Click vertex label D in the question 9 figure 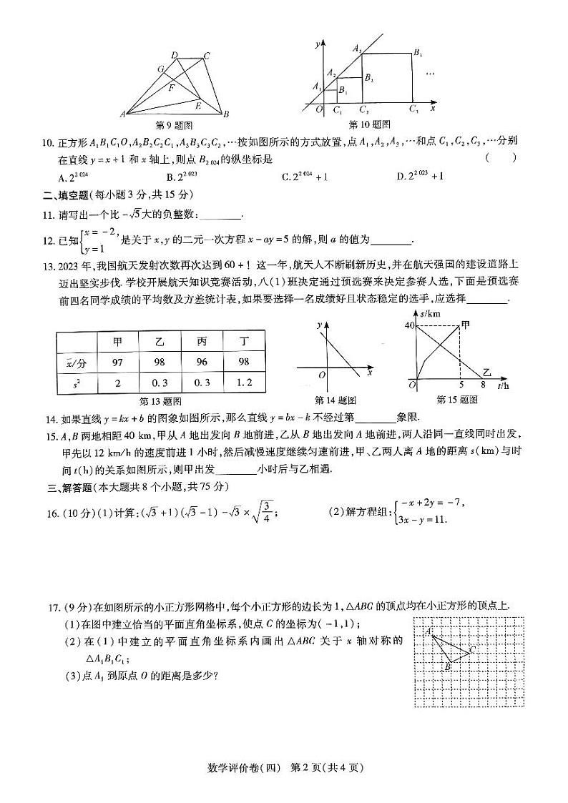tap(175, 54)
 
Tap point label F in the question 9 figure tap(172, 88)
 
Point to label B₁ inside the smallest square tap(343, 91)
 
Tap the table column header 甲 tap(118, 342)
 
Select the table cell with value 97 tap(118, 363)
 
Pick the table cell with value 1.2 tap(245, 383)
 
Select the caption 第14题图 tap(336, 400)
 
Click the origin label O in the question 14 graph tap(322, 374)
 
